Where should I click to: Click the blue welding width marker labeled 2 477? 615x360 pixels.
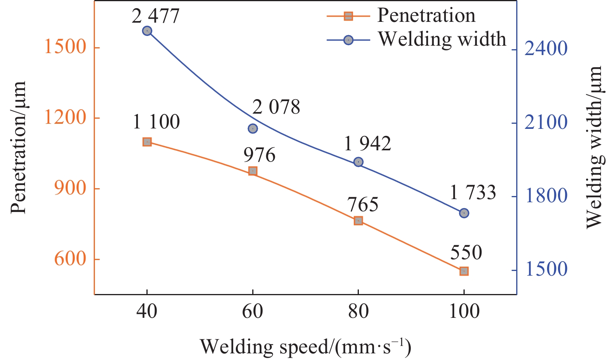pyautogui.click(x=147, y=31)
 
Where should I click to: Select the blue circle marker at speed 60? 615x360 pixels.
pyautogui.click(x=253, y=128)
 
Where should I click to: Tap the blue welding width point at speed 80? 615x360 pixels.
pyautogui.click(x=358, y=162)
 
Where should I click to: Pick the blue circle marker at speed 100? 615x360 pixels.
pyautogui.click(x=464, y=213)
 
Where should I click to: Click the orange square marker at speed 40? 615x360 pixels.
pyautogui.click(x=147, y=142)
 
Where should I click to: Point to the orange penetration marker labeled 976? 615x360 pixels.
pyautogui.click(x=253, y=171)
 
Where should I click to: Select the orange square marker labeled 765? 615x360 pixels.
pyautogui.click(x=358, y=221)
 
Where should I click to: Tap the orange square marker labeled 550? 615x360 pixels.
pyautogui.click(x=464, y=271)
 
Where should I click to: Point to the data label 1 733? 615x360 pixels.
pyautogui.click(x=473, y=192)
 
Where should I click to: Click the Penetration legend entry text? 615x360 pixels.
pyautogui.click(x=426, y=16)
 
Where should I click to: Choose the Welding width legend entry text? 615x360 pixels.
pyautogui.click(x=442, y=39)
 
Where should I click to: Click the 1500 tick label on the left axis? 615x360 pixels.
pyautogui.click(x=65, y=47)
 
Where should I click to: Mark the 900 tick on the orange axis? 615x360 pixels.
pyautogui.click(x=70, y=188)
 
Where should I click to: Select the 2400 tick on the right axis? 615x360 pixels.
pyautogui.click(x=546, y=48)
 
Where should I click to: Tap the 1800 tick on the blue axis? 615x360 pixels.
pyautogui.click(x=546, y=196)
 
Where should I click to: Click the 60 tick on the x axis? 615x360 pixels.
pyautogui.click(x=253, y=312)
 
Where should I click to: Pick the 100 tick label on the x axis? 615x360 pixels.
pyautogui.click(x=464, y=312)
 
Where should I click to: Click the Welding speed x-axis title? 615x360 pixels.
pyautogui.click(x=305, y=347)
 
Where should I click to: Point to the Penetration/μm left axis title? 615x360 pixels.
pyautogui.click(x=18, y=147)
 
